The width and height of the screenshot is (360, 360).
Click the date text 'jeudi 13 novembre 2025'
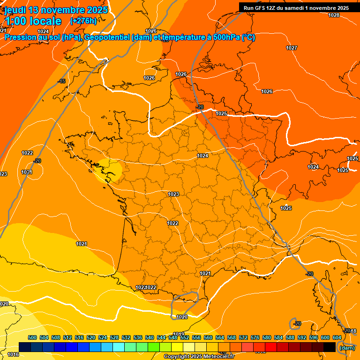(x=56, y=10)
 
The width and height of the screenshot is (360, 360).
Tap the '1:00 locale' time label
(x=33, y=21)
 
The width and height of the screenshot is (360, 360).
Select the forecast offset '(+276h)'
(x=83, y=21)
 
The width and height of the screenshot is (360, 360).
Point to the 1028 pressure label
(x=333, y=15)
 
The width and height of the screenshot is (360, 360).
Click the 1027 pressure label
(x=292, y=48)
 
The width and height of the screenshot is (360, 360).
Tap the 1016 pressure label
(x=13, y=354)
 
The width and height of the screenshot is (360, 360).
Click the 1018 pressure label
(x=352, y=331)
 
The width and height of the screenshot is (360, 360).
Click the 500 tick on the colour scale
(x=32, y=337)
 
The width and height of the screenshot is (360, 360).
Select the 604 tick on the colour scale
(x=337, y=337)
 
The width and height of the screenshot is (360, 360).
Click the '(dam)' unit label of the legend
(x=347, y=348)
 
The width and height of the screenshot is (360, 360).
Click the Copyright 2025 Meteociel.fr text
(x=199, y=357)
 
